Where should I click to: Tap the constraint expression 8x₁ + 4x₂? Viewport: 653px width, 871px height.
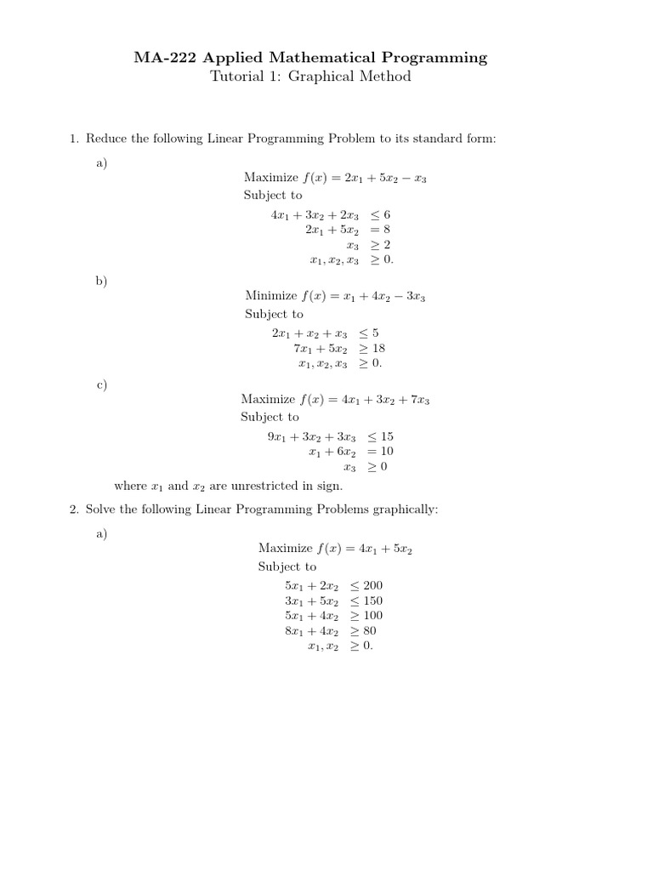312,631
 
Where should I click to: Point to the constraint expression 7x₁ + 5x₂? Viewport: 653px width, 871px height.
321,348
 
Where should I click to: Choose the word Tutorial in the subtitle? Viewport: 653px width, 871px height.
235,77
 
